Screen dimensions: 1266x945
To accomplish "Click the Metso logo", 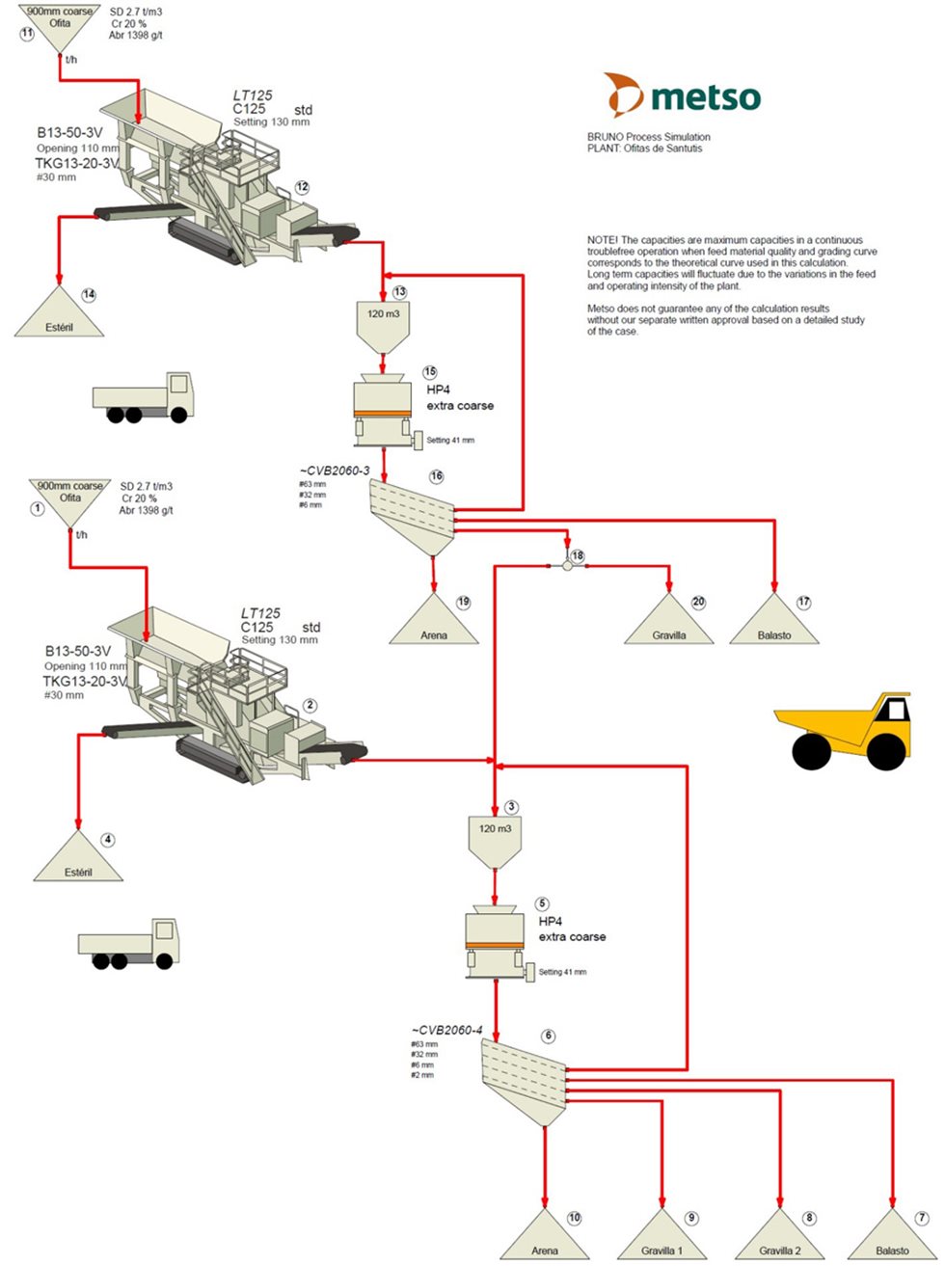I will [682, 95].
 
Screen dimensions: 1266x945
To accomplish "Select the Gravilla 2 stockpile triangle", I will [779, 1238].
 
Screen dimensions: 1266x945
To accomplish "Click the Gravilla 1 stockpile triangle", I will [661, 1238].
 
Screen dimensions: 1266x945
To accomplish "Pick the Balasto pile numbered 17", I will [774, 623].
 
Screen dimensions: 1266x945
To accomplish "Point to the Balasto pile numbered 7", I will [892, 1238].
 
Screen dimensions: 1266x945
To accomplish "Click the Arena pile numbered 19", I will [434, 623].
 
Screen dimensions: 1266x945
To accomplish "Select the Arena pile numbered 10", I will [545, 1238].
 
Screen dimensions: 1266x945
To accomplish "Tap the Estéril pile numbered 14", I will [59, 316].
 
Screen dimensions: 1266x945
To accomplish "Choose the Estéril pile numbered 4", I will [78, 861].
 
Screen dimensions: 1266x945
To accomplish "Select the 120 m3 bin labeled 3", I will [495, 840].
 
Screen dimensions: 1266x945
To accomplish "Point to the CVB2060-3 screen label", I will [335, 471].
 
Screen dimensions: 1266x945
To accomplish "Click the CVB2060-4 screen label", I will [446, 1030].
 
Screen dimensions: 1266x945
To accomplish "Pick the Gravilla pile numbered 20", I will [669, 623].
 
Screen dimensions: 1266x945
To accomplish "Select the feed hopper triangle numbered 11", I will [60, 26].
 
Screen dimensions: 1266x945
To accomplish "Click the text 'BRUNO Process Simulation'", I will [648, 137].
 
